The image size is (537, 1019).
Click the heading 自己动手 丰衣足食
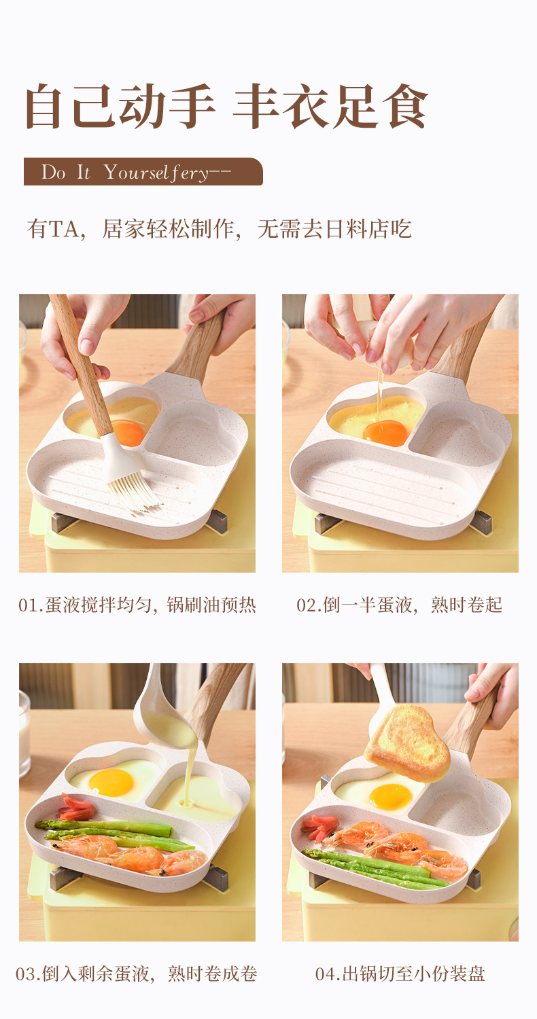(x=226, y=107)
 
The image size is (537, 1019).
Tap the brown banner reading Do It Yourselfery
(x=143, y=172)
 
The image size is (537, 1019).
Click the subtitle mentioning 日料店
(x=219, y=229)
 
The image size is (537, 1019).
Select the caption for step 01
(x=137, y=605)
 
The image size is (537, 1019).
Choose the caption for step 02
(x=399, y=605)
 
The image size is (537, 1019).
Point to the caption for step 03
(x=137, y=973)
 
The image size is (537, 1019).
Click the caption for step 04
(x=400, y=973)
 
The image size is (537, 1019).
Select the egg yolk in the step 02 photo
(x=385, y=432)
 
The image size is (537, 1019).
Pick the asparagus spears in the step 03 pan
(x=109, y=830)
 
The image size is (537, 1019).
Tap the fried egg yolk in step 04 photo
(x=390, y=795)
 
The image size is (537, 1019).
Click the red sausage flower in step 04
(x=319, y=827)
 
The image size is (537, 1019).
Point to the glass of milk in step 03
(x=24, y=734)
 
